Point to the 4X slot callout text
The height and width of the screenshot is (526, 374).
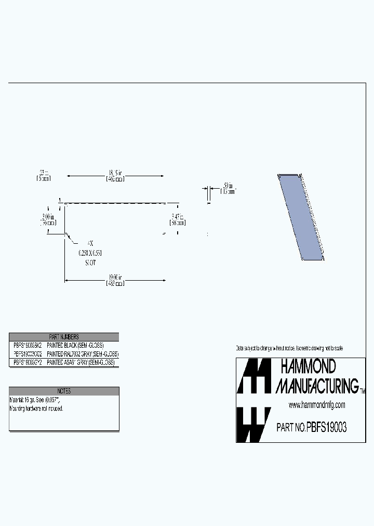pos(90,244)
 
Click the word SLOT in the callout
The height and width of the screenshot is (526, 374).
pos(90,262)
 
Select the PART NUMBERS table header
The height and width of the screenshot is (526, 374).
pos(64,337)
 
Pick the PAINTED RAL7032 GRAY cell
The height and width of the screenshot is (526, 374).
pos(83,353)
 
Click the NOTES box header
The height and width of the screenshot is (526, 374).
pos(64,391)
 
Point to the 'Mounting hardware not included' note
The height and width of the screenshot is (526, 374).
pos(36,409)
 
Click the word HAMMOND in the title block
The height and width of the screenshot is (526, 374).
pos(308,367)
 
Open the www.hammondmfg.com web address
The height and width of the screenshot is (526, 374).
pos(317,405)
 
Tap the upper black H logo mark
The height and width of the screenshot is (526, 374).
pos(253,376)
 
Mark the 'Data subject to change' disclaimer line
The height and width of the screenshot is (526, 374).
pos(289,348)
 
